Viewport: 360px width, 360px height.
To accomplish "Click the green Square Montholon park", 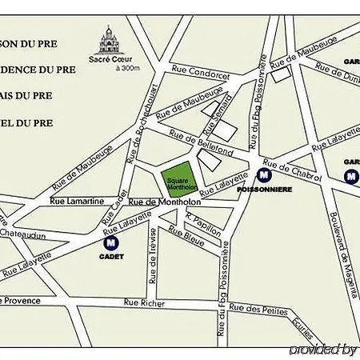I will (179, 183).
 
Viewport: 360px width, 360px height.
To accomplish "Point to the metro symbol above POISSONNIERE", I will (264, 174).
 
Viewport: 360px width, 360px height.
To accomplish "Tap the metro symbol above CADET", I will (113, 241).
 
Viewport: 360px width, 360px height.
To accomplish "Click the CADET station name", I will (113, 256).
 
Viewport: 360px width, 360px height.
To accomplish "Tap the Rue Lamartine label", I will (78, 201).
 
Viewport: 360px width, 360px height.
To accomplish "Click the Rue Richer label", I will (144, 302).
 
